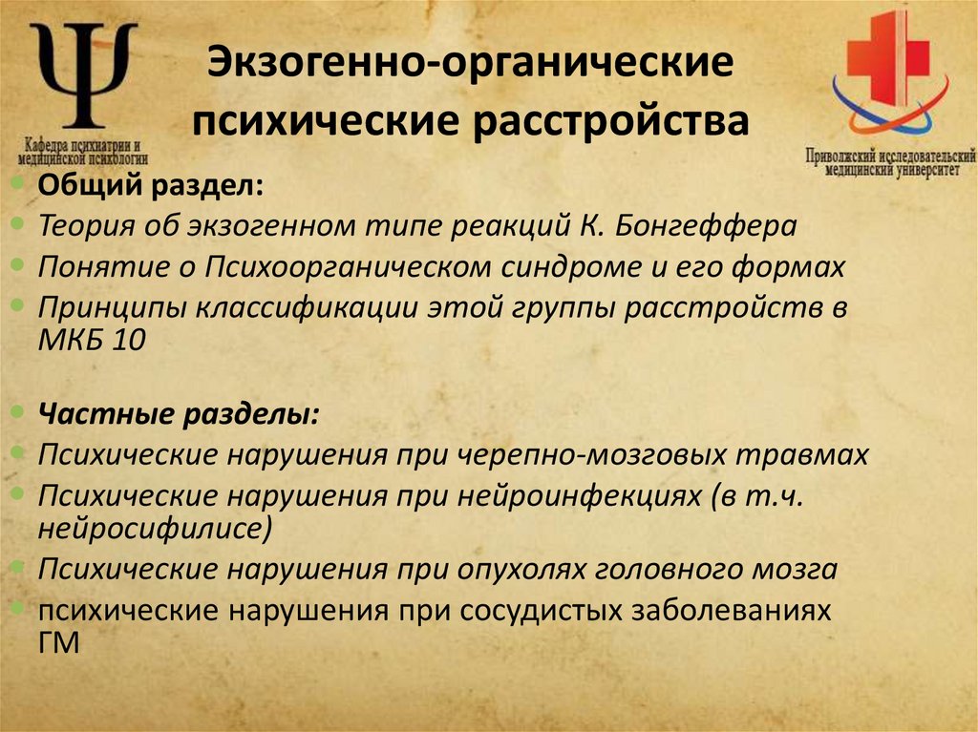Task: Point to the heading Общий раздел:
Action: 151,186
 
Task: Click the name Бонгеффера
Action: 712,226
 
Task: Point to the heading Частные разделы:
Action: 179,415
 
